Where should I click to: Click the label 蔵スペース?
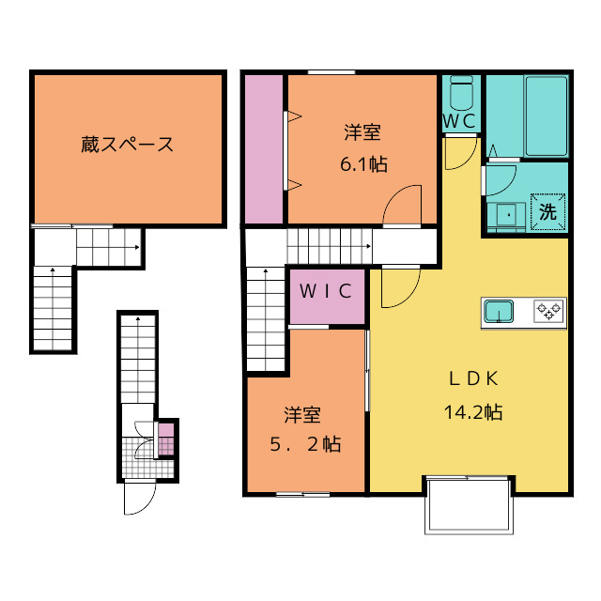point(127,146)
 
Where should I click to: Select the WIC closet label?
point(326,290)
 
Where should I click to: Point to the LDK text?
point(472,378)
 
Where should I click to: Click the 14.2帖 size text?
point(472,411)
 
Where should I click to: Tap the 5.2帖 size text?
point(304,443)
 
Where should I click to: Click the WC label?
point(460,121)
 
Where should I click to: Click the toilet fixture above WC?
point(461,94)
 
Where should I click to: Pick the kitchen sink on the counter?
point(498,309)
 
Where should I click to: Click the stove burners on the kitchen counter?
point(548,309)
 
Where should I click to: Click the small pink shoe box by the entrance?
point(165,439)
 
